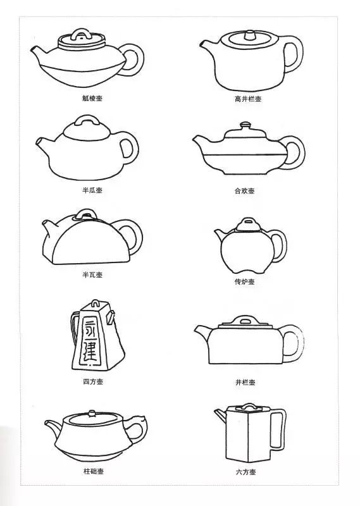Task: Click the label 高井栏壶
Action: click(247, 99)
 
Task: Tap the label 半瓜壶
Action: click(92, 190)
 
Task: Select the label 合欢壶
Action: click(244, 191)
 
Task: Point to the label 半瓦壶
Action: click(92, 275)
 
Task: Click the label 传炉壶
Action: click(244, 281)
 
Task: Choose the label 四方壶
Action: click(93, 381)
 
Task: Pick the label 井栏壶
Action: click(245, 383)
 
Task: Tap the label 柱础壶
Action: click(94, 471)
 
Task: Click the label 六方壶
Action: click(245, 472)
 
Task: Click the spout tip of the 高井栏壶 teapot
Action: click(202, 44)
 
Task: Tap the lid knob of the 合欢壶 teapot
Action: click(245, 125)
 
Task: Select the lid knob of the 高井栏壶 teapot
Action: click(249, 35)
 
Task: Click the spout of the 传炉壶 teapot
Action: click(220, 234)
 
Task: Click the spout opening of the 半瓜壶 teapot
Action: click(39, 141)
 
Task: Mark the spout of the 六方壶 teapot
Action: click(220, 415)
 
